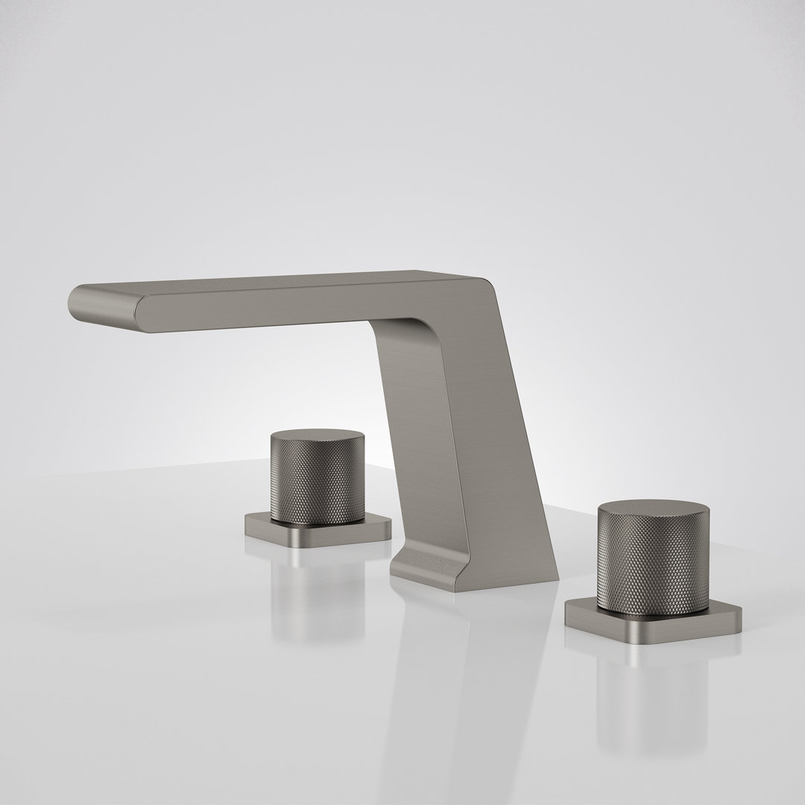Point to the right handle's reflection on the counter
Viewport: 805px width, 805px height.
(x=656, y=686)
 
